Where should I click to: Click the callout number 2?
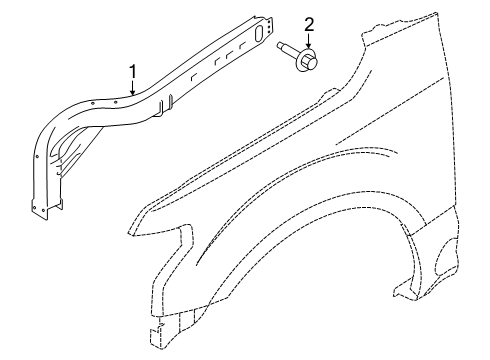tap(309, 23)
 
